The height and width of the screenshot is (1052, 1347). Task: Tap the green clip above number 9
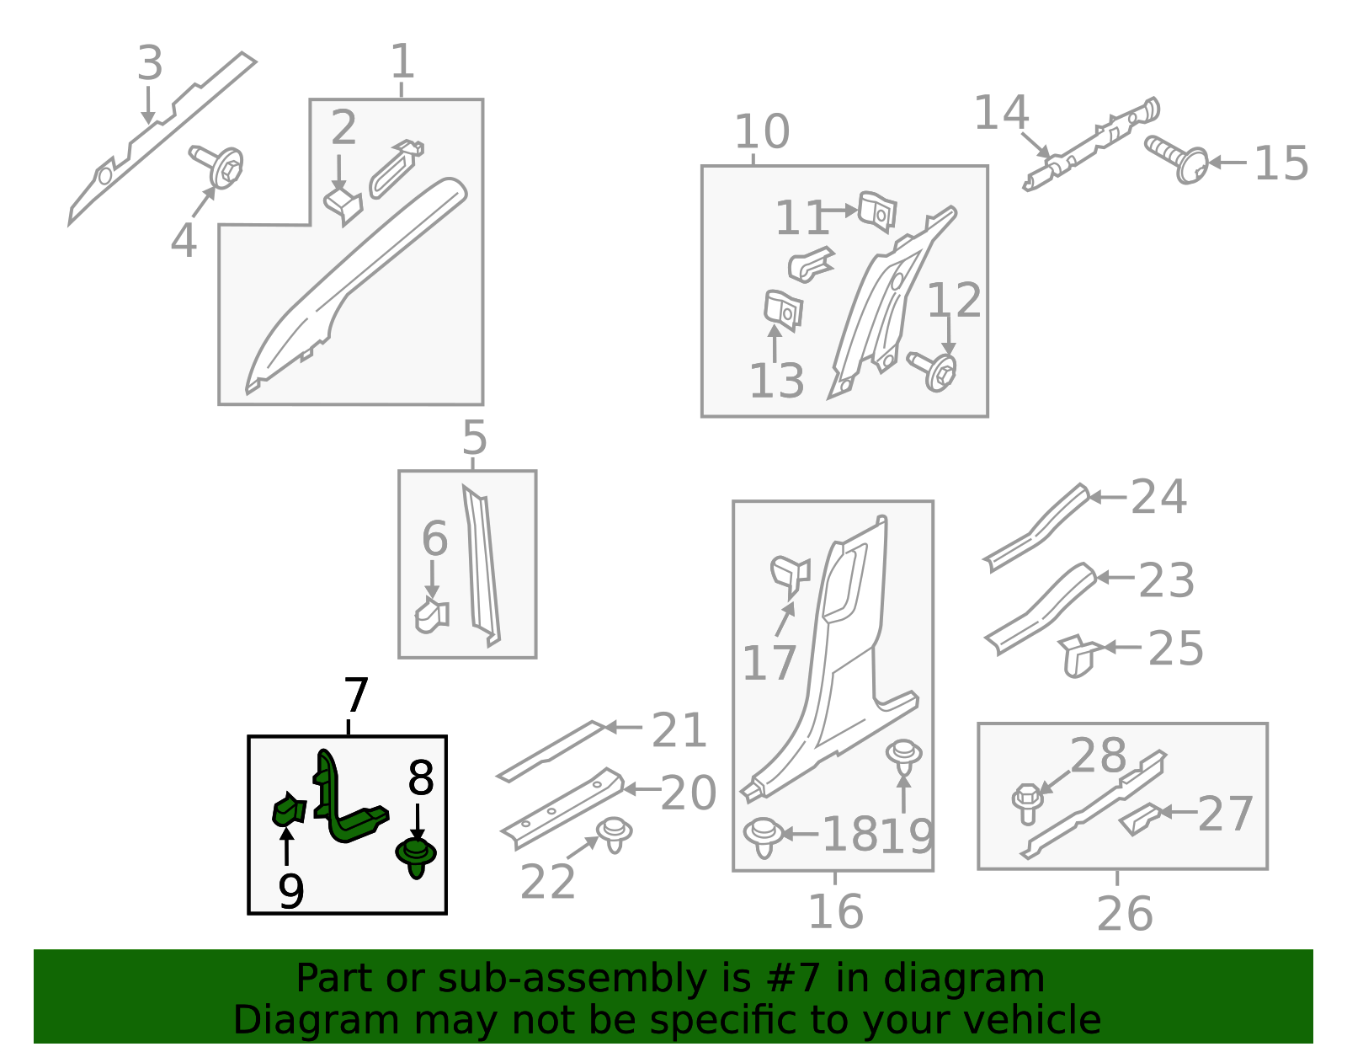[x=289, y=809]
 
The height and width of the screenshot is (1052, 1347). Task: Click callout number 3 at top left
[x=150, y=62]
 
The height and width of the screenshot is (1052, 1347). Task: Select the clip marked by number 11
[x=877, y=211]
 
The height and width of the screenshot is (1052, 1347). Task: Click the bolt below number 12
[x=932, y=371]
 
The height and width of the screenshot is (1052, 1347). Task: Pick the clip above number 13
[x=783, y=310]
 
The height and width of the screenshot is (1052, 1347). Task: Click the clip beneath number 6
[x=432, y=617]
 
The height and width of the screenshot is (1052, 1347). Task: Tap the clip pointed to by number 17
[x=791, y=574]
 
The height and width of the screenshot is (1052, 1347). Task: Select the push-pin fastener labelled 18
[x=763, y=837]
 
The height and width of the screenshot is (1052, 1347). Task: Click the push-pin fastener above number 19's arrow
[x=904, y=757]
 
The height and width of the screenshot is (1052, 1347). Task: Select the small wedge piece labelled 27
[x=1139, y=820]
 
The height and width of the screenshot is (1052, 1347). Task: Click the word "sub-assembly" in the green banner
[x=572, y=979]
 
